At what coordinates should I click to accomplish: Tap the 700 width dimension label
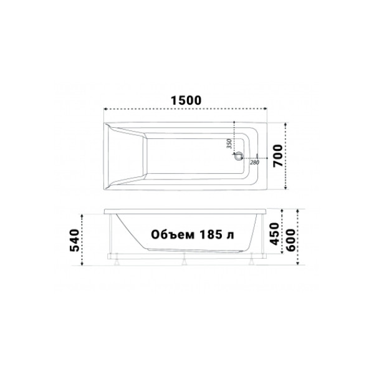[278, 155]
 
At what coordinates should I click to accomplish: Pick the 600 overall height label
[290, 237]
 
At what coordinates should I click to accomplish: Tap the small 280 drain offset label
[253, 163]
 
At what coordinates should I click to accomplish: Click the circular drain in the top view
[237, 157]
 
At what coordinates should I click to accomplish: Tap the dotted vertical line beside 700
[285, 155]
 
